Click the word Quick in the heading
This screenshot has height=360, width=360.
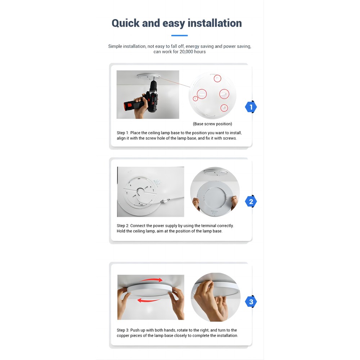click(126, 23)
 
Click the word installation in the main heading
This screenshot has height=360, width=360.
click(215, 23)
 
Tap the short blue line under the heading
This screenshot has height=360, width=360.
click(180, 36)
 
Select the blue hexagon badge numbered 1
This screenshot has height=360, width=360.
click(251, 107)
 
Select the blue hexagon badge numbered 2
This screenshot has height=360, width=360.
click(251, 202)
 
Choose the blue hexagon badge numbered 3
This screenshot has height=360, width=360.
click(251, 302)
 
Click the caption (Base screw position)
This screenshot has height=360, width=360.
click(212, 124)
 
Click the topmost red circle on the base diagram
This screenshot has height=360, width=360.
click(217, 78)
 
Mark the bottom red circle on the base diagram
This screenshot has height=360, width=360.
click(224, 108)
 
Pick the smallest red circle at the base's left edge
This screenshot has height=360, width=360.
click(195, 99)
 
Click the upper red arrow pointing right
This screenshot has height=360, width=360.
click(152, 280)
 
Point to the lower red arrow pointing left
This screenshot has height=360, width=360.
click(148, 300)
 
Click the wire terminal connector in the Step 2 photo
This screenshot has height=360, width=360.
click(165, 201)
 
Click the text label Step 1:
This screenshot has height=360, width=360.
click(123, 133)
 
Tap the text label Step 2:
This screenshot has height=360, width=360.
click(123, 226)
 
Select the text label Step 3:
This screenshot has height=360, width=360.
click(123, 330)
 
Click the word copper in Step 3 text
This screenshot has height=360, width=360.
click(123, 336)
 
